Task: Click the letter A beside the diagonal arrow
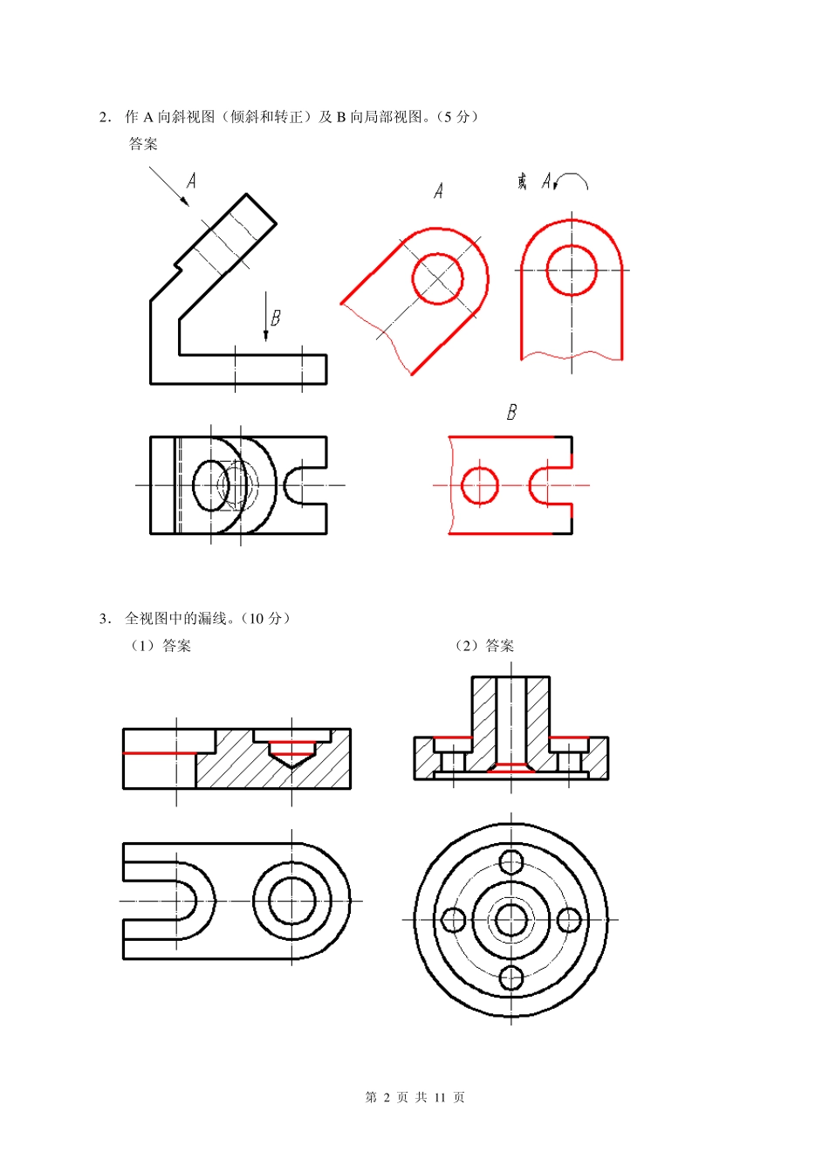click(191, 181)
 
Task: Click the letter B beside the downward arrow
click(276, 318)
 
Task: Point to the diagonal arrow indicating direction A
click(168, 186)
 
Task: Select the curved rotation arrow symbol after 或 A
click(572, 182)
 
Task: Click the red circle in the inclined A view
click(437, 279)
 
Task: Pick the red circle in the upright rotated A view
click(572, 270)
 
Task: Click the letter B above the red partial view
click(511, 412)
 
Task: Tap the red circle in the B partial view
click(479, 485)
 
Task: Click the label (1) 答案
click(161, 646)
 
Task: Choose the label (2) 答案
click(484, 646)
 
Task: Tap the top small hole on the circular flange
click(511, 861)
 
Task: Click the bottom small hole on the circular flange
click(511, 977)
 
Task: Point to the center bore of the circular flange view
click(511, 919)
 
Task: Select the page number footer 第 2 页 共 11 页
click(414, 1097)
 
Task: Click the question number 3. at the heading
click(105, 619)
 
